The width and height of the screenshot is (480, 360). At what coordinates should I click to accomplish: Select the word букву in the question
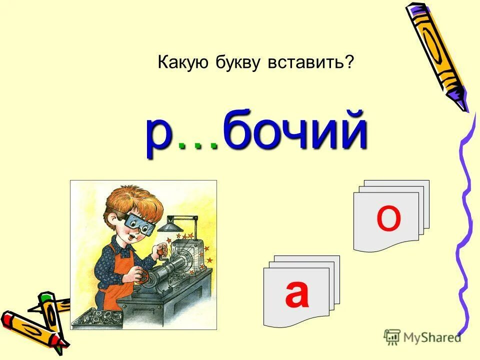(240, 63)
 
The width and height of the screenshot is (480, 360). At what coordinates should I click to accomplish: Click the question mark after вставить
(349, 63)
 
